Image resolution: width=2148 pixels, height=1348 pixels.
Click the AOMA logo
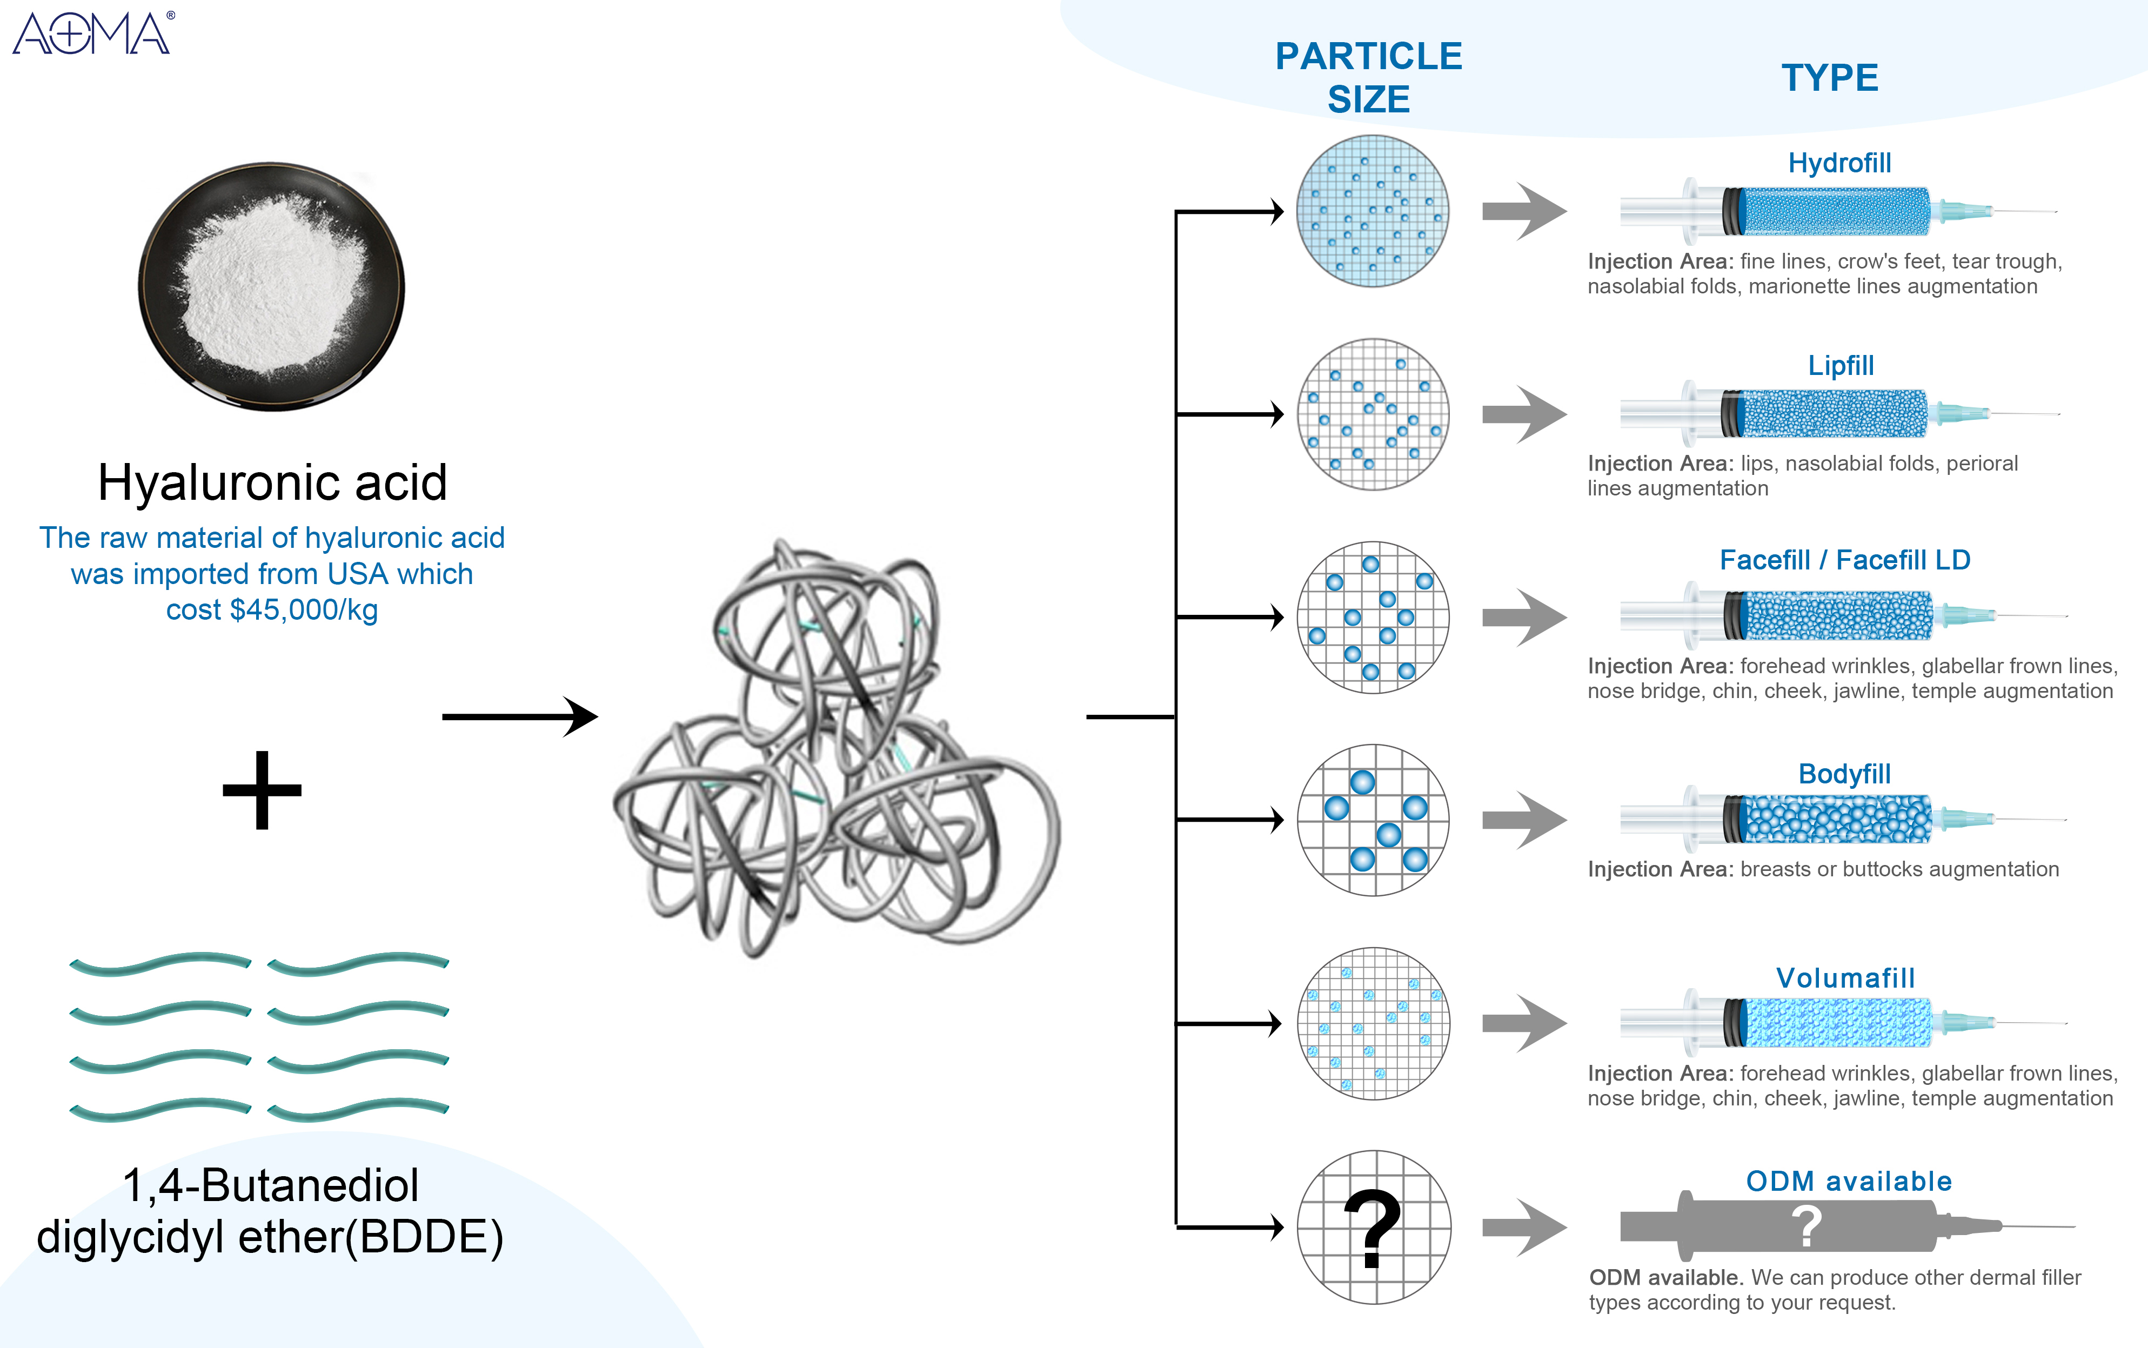tap(92, 34)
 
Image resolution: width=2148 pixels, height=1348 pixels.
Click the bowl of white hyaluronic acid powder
tap(271, 285)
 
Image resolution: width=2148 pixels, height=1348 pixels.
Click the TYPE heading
tap(1830, 78)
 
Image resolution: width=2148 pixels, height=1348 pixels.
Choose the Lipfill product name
tap(1841, 366)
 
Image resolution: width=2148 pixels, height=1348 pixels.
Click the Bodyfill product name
tap(1844, 774)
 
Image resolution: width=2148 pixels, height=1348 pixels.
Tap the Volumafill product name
tap(1845, 978)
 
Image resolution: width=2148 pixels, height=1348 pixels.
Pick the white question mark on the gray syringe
tap(1806, 1227)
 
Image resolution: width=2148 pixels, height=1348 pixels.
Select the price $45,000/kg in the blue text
tap(303, 610)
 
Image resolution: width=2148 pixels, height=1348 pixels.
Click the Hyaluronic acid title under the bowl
tap(272, 482)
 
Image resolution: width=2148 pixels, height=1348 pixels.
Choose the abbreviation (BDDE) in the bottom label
tap(424, 1237)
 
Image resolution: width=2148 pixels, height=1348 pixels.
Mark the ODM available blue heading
tap(1849, 1181)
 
